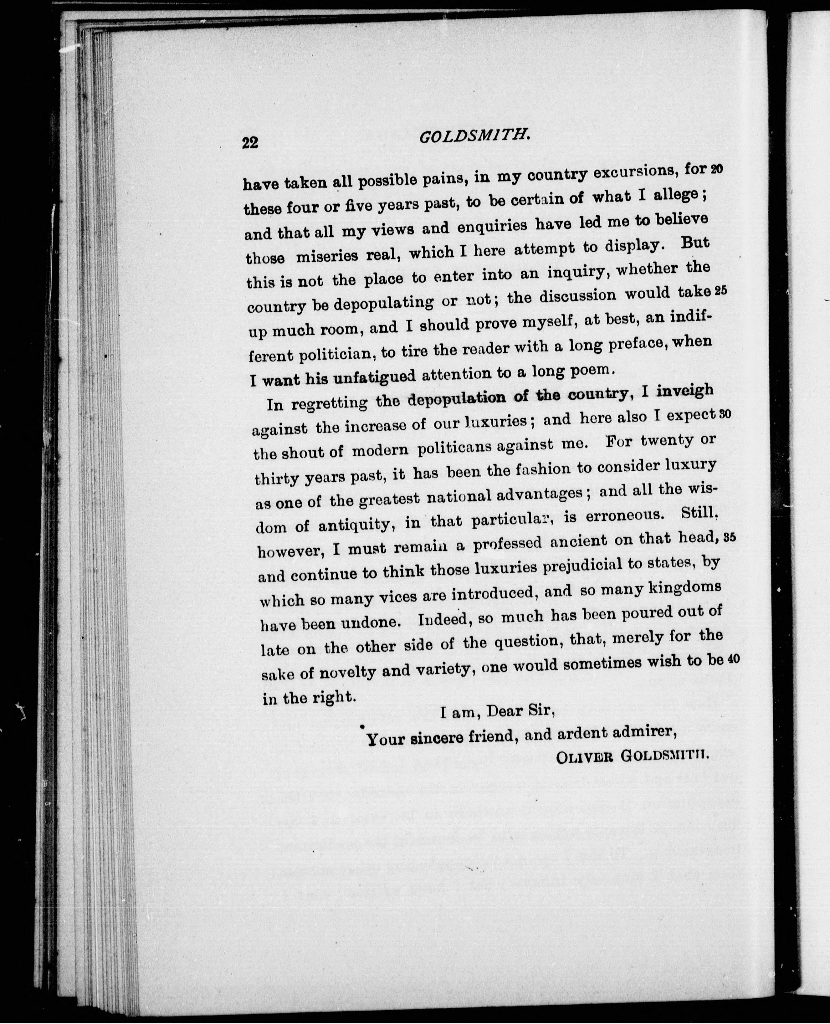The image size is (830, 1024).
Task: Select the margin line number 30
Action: pyautogui.click(x=725, y=414)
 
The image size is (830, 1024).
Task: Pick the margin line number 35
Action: pyautogui.click(x=730, y=537)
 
